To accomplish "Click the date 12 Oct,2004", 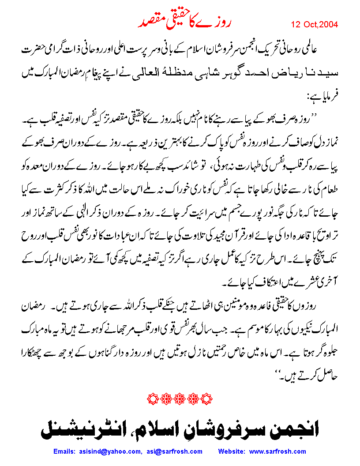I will pos(315,25).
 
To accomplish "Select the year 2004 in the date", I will pos(329,25).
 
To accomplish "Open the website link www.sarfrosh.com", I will pos(277,451).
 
